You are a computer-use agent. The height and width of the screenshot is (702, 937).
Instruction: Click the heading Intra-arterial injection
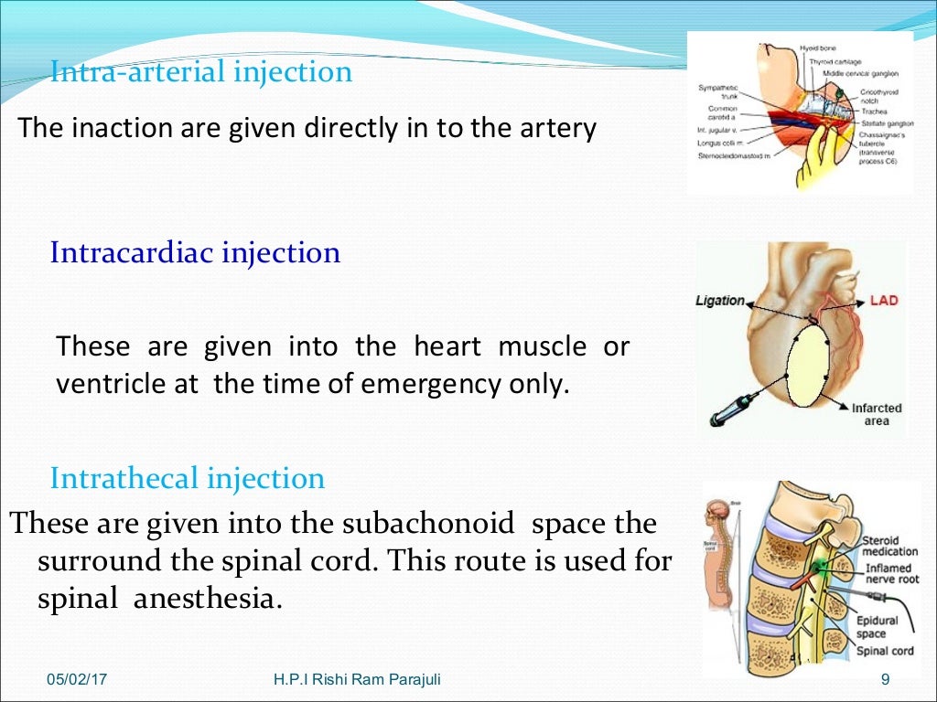pos(201,71)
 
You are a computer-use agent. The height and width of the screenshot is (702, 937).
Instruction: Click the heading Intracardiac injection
pos(195,252)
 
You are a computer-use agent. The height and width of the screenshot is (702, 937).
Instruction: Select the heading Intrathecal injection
pos(188,478)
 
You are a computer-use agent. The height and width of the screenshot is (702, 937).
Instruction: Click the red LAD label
pos(883,300)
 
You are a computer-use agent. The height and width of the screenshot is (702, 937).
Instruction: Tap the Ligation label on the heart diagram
pos(720,300)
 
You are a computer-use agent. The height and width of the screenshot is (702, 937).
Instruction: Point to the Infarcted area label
pos(876,414)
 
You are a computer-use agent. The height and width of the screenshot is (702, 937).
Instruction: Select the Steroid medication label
pos(889,547)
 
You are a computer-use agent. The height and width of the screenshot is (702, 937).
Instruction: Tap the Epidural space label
pos(877,626)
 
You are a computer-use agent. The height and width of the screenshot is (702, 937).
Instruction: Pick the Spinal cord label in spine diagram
pos(884,652)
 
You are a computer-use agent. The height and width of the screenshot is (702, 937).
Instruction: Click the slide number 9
pos(884,679)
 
